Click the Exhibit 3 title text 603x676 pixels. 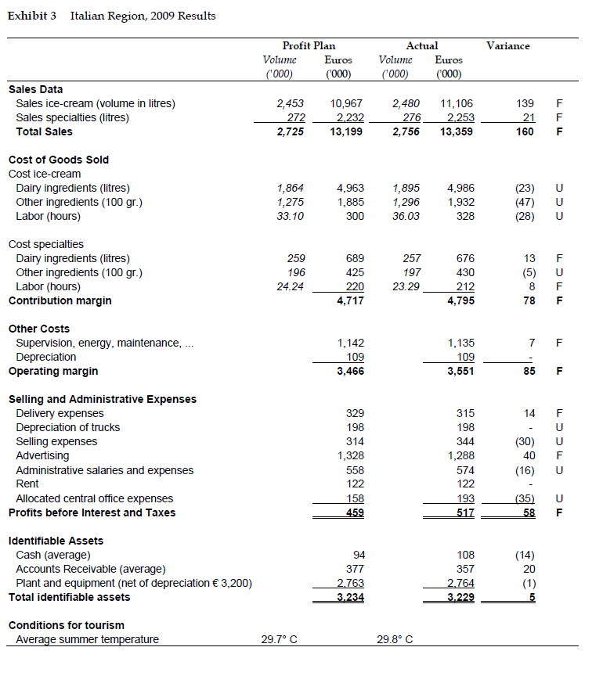[x=112, y=16]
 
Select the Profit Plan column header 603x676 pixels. [x=309, y=46]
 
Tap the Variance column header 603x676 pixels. [x=507, y=46]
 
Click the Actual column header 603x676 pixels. [x=421, y=46]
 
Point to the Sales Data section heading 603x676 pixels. [x=35, y=89]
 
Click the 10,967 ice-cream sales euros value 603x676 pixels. [x=348, y=103]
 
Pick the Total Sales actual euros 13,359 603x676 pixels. [x=457, y=131]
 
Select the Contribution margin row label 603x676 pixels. [x=60, y=300]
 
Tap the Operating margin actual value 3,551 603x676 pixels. [x=460, y=371]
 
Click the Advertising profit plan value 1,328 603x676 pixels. [x=350, y=455]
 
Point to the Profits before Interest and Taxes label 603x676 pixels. [x=92, y=512]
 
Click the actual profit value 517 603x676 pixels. [x=465, y=512]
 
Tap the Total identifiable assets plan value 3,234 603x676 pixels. [x=350, y=597]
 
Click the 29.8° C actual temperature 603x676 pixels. [x=395, y=639]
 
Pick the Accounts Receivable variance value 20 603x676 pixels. [x=529, y=569]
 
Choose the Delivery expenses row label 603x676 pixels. [x=60, y=413]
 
